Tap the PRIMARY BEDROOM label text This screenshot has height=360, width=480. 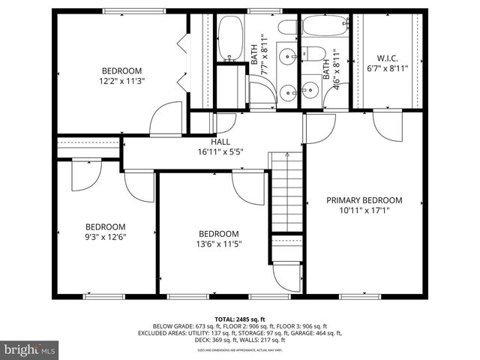click(x=364, y=200)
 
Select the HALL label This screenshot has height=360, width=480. click(x=220, y=142)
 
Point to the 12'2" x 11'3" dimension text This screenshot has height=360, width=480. click(x=121, y=80)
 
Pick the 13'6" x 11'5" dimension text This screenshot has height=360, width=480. click(x=219, y=244)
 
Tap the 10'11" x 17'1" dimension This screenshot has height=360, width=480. click(x=364, y=211)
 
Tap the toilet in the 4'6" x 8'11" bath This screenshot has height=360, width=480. click(x=313, y=53)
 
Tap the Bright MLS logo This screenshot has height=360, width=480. click(x=30, y=349)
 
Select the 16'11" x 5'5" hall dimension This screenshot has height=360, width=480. click(x=220, y=151)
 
